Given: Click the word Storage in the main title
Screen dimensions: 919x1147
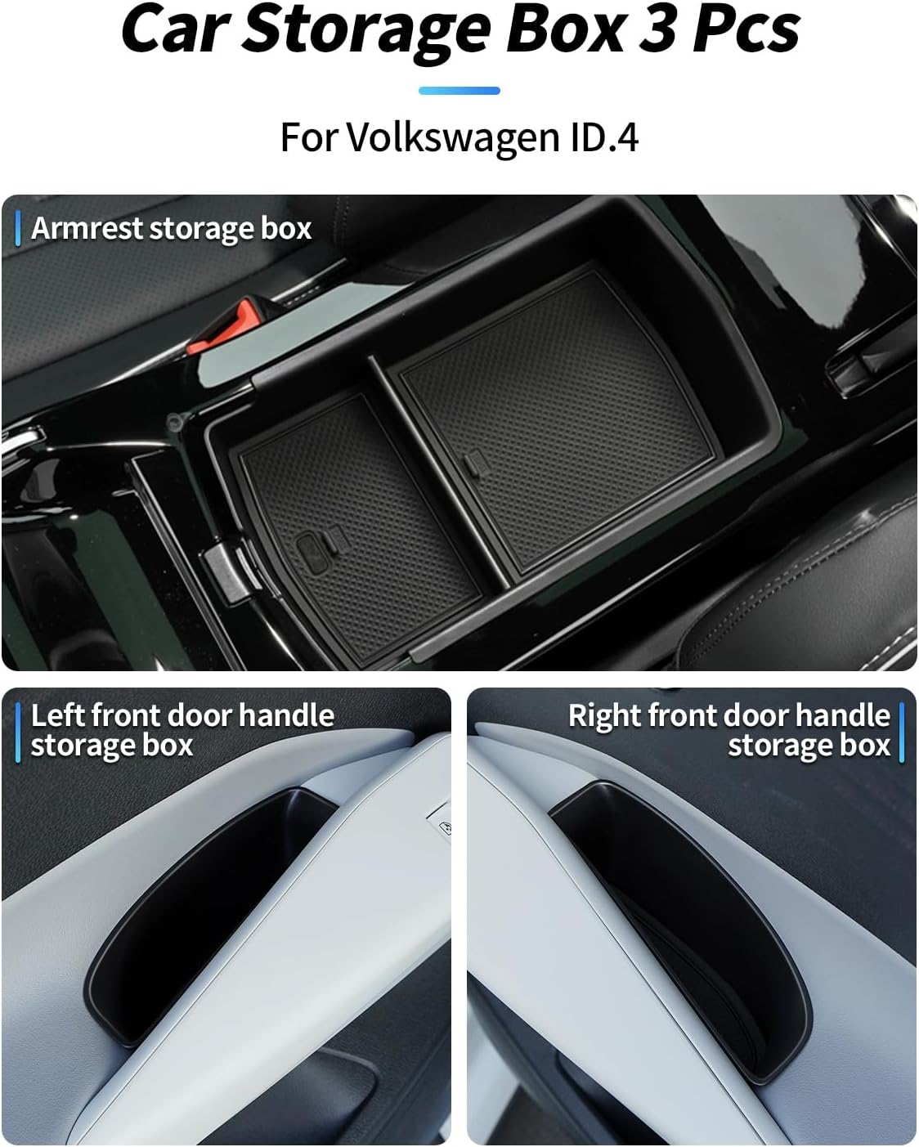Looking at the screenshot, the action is [365, 33].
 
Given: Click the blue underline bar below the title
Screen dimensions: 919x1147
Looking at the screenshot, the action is [459, 91].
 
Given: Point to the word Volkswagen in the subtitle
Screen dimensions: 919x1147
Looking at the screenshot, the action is [454, 137].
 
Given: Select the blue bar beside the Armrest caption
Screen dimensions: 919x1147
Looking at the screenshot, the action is [18, 228].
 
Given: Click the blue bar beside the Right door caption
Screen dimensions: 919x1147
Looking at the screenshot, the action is [901, 732].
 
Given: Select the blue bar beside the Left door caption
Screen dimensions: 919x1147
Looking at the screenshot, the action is [18, 732].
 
